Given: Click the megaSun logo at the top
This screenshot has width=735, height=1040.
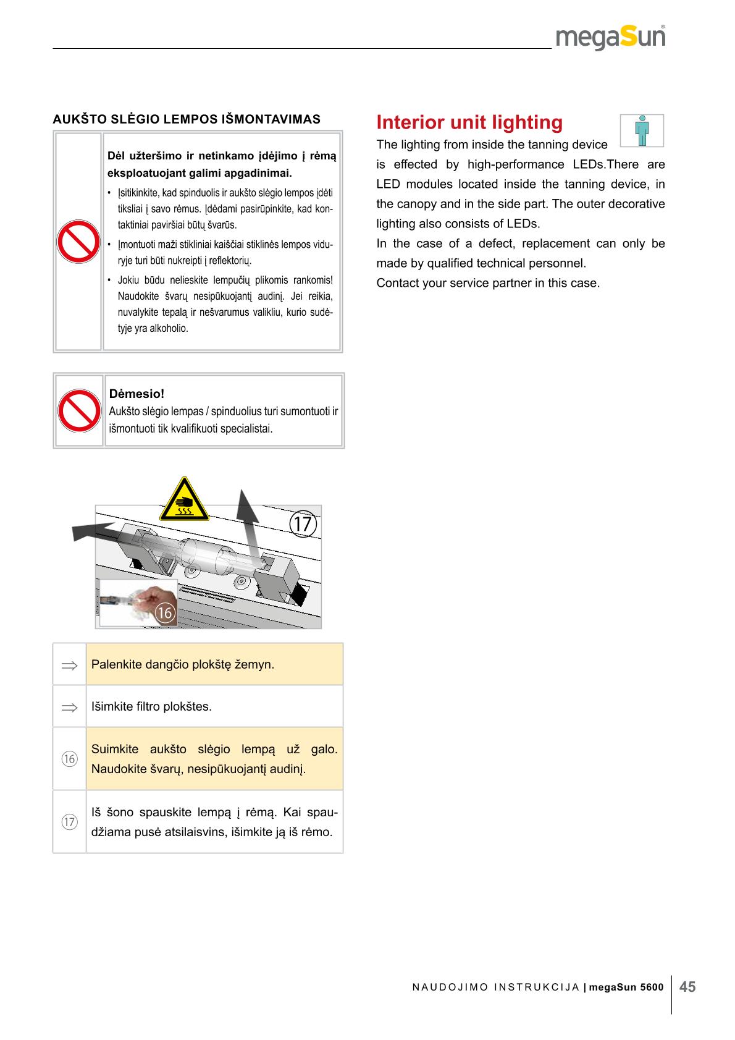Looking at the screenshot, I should click(x=610, y=38).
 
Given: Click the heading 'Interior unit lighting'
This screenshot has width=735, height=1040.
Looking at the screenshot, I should click(x=469, y=122).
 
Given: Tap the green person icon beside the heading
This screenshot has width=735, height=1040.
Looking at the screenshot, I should click(x=642, y=130).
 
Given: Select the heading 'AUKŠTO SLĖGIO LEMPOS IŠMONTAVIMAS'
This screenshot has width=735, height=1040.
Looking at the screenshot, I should click(x=187, y=119).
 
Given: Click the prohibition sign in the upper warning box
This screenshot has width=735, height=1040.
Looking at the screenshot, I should click(x=78, y=242).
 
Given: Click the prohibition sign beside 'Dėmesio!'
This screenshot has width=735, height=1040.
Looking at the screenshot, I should click(x=79, y=411).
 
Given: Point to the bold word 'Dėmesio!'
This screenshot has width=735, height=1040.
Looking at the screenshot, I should click(x=136, y=394).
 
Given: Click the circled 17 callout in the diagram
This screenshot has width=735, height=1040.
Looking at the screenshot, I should click(x=303, y=524).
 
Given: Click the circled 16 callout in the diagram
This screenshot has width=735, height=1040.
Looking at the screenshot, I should click(x=164, y=612).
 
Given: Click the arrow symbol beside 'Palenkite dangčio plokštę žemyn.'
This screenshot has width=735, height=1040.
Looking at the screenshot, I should click(x=69, y=665).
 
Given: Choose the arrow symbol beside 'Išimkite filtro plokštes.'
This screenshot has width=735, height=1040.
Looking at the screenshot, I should click(x=69, y=706).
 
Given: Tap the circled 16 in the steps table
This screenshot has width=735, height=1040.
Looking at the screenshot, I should click(x=69, y=759).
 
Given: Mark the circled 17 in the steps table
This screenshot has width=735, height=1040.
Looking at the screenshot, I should click(x=69, y=822).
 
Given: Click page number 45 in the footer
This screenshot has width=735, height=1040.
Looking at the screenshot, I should click(x=687, y=987).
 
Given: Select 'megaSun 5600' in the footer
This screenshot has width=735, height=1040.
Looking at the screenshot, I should click(x=626, y=987).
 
